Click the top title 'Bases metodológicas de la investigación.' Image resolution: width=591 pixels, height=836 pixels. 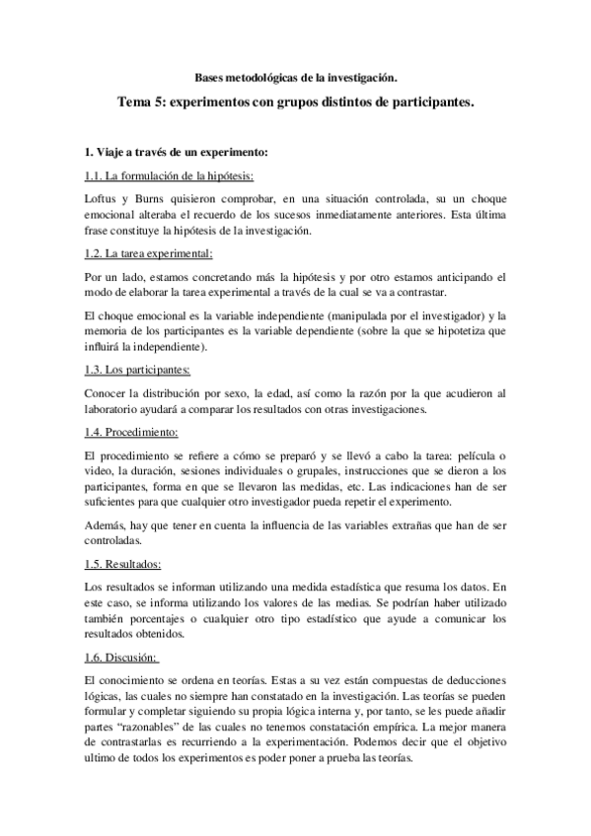295,76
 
